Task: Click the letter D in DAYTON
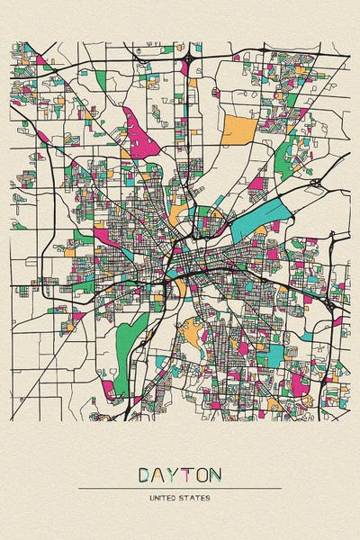tap(145, 473)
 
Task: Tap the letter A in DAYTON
tap(159, 473)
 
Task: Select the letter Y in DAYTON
tap(174, 473)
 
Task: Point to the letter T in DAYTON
tap(187, 473)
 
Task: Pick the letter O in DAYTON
tap(202, 473)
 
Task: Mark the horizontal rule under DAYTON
tap(180, 489)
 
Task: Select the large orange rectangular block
tap(238, 129)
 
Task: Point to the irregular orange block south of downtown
tap(192, 334)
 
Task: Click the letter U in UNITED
tap(153, 498)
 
